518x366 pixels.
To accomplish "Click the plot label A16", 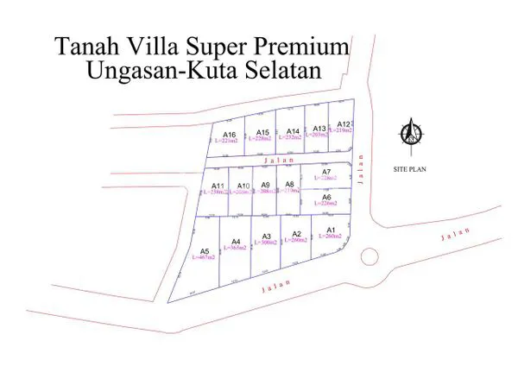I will click(x=230, y=135).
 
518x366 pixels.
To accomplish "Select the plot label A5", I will click(x=205, y=250).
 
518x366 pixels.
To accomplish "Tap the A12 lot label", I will click(x=343, y=124).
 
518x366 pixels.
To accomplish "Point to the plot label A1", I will click(x=330, y=229).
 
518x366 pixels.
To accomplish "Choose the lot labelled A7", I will click(x=326, y=172).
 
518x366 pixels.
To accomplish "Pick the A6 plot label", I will click(x=326, y=198).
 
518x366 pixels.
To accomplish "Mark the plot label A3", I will click(x=267, y=237).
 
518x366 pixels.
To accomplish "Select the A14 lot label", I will click(x=293, y=131).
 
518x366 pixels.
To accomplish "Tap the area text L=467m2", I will click(x=205, y=258).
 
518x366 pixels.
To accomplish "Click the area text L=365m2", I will click(x=236, y=248).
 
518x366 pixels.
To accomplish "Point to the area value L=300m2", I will click(x=267, y=243).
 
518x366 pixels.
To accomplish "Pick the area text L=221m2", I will click(x=230, y=141).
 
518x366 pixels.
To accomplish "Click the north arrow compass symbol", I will click(x=410, y=133).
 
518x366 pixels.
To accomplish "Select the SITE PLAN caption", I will click(x=410, y=169).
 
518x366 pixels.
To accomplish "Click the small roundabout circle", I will click(x=369, y=256).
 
